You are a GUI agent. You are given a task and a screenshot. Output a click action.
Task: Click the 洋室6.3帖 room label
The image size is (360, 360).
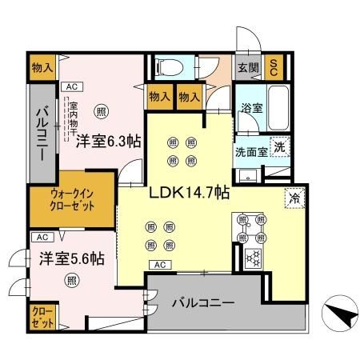coord(110,142)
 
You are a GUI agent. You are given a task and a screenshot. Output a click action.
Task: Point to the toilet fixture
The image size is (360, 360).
coord(169,66)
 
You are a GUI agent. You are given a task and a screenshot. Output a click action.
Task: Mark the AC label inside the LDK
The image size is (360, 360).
coord(159,264)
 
